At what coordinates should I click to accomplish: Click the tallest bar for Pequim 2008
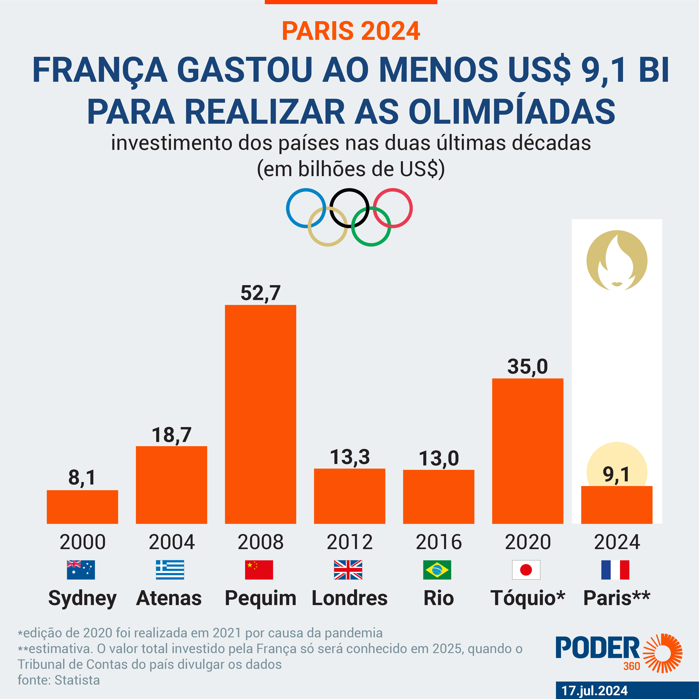tap(260, 414)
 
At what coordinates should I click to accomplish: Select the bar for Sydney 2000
tap(82, 507)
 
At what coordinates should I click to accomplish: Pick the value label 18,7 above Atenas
tap(172, 435)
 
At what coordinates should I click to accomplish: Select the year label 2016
tap(439, 542)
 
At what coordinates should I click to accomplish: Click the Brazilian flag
tap(437, 570)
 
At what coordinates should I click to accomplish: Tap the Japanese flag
tap(526, 570)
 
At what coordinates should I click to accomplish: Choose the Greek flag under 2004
tap(170, 570)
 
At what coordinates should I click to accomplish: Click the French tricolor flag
tap(615, 570)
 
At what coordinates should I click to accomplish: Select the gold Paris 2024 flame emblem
tap(617, 260)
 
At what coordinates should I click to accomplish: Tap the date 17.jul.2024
tap(594, 690)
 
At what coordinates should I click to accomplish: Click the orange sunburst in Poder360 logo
tap(663, 653)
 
